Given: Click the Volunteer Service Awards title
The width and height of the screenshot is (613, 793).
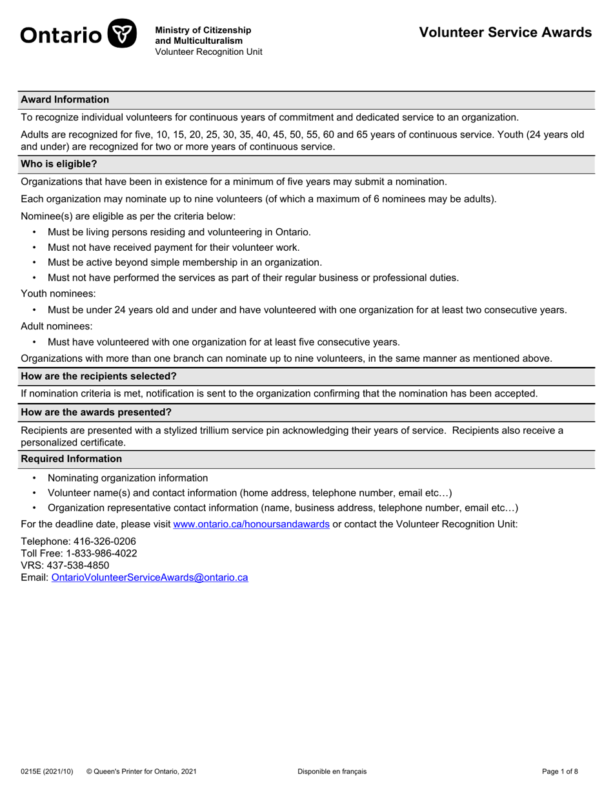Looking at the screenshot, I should click(505, 32).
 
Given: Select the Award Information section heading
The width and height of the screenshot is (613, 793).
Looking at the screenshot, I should click(65, 99).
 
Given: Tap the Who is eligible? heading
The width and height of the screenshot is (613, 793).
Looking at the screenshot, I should click(59, 164).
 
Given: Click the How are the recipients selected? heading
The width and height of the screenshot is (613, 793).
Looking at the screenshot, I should click(99, 376).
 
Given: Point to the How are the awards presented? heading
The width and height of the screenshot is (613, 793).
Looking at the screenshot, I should click(96, 412).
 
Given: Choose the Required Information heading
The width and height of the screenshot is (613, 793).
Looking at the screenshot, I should click(71, 458).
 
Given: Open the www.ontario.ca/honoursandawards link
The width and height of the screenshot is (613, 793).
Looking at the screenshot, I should click(252, 524).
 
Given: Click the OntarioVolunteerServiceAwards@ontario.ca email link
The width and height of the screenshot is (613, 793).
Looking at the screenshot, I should click(149, 578).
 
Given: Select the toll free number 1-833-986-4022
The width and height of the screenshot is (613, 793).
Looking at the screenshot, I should click(101, 553).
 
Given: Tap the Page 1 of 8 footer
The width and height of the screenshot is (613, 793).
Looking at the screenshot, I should click(560, 771).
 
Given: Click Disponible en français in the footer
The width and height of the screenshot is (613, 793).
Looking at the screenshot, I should click(332, 771).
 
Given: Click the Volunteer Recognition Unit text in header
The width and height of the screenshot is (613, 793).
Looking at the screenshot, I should click(208, 52).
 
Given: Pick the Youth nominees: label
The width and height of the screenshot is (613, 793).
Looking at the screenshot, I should click(58, 293).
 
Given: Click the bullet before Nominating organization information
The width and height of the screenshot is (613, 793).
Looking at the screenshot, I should click(34, 478).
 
